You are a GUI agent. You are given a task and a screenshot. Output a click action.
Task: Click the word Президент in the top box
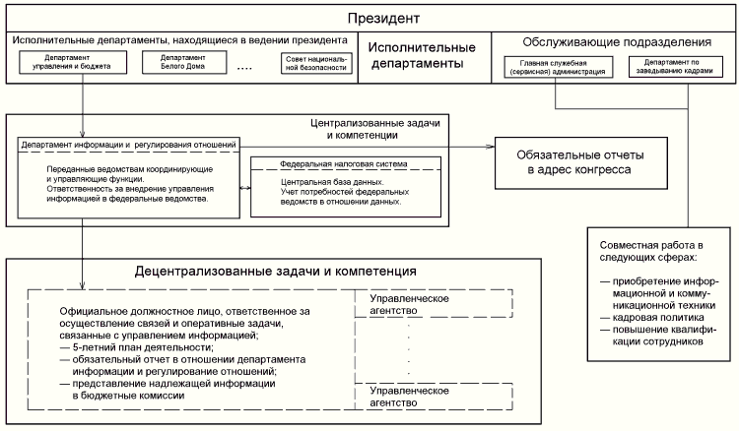(371, 19)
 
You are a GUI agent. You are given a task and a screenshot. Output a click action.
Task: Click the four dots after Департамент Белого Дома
(245, 67)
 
